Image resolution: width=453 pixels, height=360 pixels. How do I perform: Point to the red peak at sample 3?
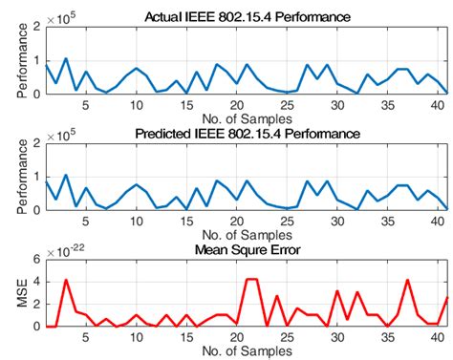click(x=66, y=280)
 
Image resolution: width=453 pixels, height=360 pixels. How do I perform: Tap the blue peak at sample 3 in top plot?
click(x=66, y=59)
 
